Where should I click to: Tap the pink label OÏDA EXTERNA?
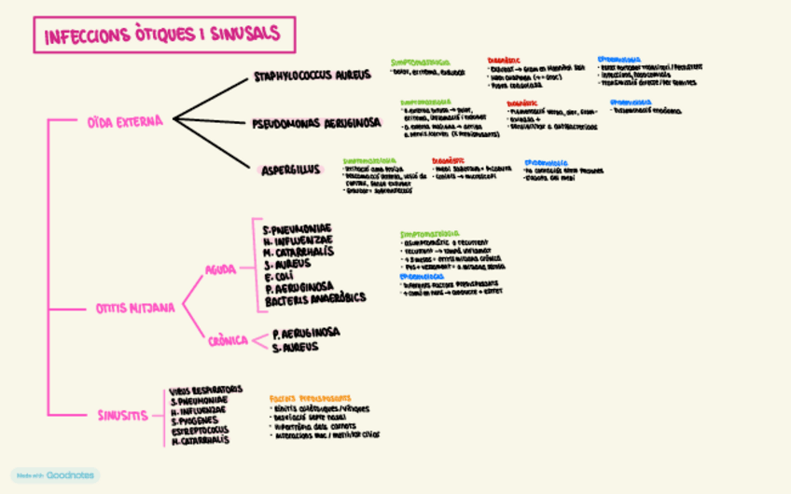tap(125, 121)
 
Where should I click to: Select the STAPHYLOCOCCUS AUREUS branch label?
tap(312, 75)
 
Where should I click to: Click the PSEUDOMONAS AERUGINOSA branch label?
tap(316, 123)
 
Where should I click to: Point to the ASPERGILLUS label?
tap(291, 170)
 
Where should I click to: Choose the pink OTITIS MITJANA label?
tap(135, 308)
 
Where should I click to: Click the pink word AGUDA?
tap(221, 270)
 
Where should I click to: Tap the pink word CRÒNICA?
tap(229, 340)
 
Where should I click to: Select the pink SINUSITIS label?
tap(123, 416)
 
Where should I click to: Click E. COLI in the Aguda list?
tap(280, 276)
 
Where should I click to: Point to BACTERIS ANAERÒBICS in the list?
tap(315, 299)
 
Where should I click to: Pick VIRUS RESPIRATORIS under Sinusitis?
tap(206, 390)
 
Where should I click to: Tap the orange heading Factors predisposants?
tap(311, 398)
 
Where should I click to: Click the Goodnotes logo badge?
tap(55, 475)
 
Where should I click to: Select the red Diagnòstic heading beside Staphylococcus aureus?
tap(505, 61)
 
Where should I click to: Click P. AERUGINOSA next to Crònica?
tap(306, 333)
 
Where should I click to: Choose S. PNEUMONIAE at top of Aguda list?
tap(298, 229)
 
